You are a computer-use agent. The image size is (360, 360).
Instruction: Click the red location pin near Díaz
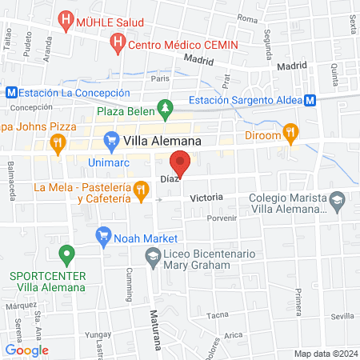pos(181,163)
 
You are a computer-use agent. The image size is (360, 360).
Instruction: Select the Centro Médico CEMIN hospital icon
pos(119,40)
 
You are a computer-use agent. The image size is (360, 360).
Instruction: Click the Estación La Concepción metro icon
pos(11,92)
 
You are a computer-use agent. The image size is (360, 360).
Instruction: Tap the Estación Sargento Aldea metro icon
pos(309,100)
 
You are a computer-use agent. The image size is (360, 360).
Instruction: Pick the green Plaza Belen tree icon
pos(164,106)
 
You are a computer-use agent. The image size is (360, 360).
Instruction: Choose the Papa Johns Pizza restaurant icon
pos(58,144)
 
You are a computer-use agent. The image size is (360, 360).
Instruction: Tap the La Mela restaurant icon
pos(141,189)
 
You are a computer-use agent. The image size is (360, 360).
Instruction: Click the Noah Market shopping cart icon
pos(102,235)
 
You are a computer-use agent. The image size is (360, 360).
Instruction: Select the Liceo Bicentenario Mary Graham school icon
pos(152,256)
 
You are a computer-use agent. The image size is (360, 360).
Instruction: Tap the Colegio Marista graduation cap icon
pos(338,198)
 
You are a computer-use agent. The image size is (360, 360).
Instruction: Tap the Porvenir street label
pos(222,217)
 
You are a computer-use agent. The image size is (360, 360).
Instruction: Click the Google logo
pos(26,350)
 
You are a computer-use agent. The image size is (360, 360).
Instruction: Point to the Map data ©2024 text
pos(324,354)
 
